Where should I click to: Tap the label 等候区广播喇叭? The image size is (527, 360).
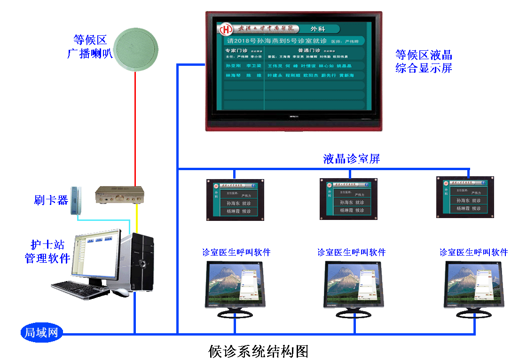point(90,46)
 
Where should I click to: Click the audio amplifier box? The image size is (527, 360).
point(120,195)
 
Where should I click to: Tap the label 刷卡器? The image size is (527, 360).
point(51,200)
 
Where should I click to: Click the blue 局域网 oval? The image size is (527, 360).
point(41,333)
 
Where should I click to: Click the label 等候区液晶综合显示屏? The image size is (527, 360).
point(424,61)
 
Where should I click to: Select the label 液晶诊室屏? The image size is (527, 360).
point(351,159)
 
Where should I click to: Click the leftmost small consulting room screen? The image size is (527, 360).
point(235,199)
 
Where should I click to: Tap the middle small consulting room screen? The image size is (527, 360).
point(348,199)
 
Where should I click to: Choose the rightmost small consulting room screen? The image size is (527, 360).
point(465,197)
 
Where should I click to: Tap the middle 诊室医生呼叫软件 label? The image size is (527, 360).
point(351,252)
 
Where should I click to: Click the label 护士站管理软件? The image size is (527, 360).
point(47,251)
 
